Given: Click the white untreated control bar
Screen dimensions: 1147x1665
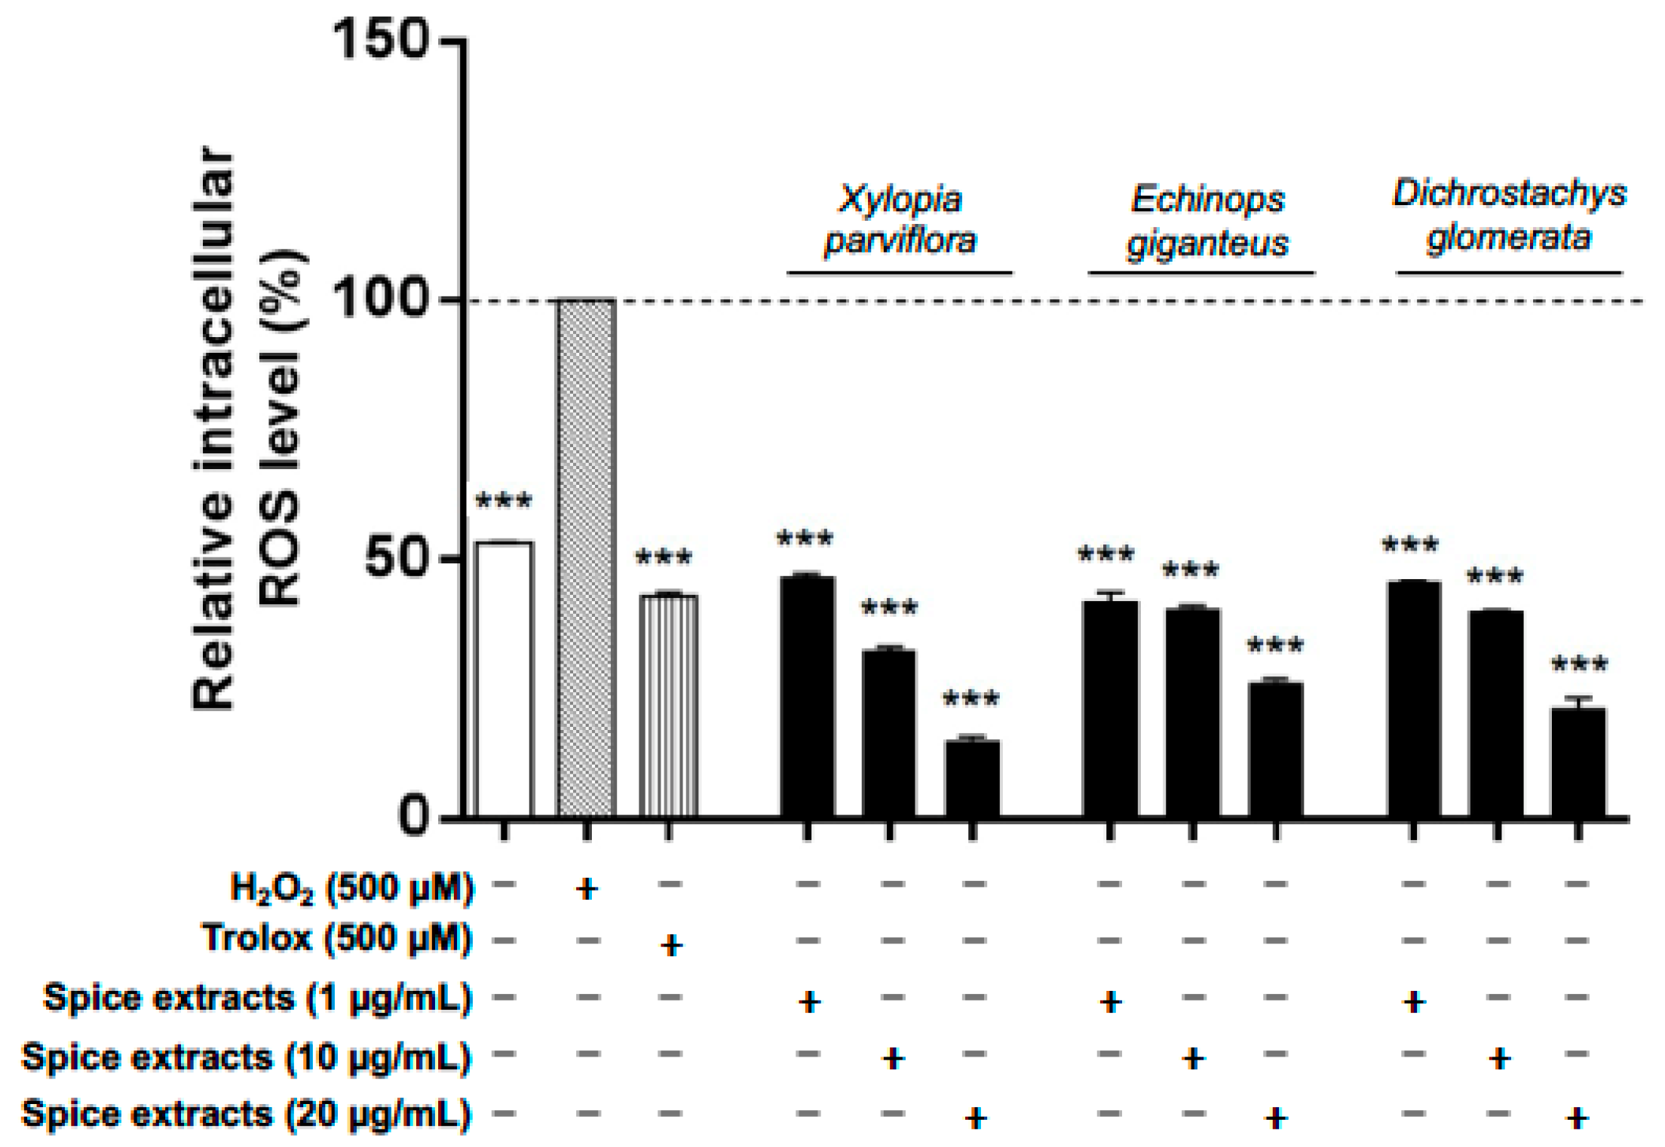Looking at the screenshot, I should pyautogui.click(x=504, y=679).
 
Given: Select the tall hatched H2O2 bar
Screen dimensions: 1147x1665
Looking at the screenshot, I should pyautogui.click(x=587, y=558).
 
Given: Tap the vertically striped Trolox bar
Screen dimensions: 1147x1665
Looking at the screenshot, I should pyautogui.click(x=669, y=705).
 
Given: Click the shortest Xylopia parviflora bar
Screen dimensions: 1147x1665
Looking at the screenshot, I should pyautogui.click(x=973, y=777).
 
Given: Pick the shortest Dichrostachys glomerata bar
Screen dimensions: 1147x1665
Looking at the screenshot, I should pyautogui.click(x=1578, y=762).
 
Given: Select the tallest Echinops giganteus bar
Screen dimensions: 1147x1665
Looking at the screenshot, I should pyautogui.click(x=1110, y=708).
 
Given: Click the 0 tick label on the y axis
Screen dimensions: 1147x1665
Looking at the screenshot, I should pyautogui.click(x=413, y=817).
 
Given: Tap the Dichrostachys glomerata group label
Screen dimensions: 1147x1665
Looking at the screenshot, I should pyautogui.click(x=1509, y=216).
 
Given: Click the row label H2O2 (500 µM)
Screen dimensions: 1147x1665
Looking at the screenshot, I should pyautogui.click(x=351, y=888).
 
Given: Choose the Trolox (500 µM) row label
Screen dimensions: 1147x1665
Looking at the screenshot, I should pyautogui.click(x=337, y=940).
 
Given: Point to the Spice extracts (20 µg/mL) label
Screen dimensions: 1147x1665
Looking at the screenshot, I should pyautogui.click(x=247, y=1115).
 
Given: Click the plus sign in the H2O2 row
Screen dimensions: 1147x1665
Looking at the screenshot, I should pyautogui.click(x=587, y=889).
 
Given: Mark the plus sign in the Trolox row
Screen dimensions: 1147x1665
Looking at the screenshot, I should pyautogui.click(x=670, y=944).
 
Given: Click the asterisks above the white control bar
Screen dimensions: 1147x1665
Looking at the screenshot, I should pyautogui.click(x=504, y=501).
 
